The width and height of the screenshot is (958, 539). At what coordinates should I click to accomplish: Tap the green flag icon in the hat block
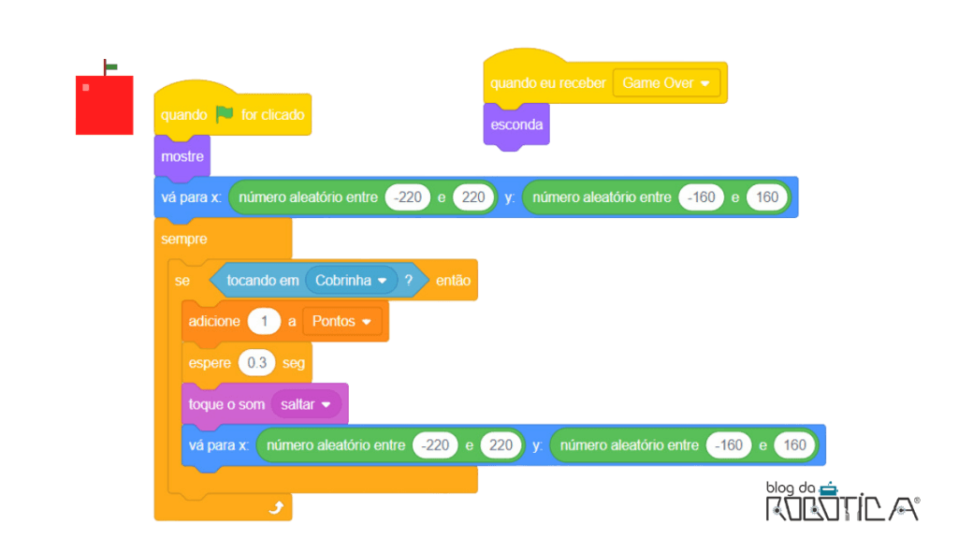pos(225,113)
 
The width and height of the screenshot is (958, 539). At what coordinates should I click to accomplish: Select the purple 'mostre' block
pos(182,156)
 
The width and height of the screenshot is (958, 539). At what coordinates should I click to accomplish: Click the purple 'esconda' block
pos(516,125)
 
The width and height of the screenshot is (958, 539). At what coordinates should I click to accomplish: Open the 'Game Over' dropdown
pos(666,83)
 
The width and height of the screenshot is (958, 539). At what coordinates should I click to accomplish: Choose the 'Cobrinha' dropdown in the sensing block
pos(352,281)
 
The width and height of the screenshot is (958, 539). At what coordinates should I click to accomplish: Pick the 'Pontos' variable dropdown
pos(342,322)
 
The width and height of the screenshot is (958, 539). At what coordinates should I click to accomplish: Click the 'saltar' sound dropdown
pos(306,404)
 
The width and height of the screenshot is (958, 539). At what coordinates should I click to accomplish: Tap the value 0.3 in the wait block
pos(256,363)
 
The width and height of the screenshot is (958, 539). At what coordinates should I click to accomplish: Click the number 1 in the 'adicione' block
pos(264,322)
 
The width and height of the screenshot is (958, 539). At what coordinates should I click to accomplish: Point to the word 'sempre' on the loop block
pos(184,239)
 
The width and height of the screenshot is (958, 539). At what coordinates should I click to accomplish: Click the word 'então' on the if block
pos(454,281)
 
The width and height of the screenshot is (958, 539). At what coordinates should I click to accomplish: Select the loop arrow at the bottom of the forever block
pos(276,507)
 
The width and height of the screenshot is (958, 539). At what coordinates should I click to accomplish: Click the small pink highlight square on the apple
pos(86,87)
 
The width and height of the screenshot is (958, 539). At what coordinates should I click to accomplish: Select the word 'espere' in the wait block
pos(210,363)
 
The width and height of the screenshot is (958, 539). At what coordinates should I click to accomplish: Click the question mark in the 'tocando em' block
pos(409,280)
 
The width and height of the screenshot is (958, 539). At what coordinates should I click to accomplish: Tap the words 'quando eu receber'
pos(548,83)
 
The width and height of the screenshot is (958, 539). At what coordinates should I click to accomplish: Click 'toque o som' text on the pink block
pos(226,404)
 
